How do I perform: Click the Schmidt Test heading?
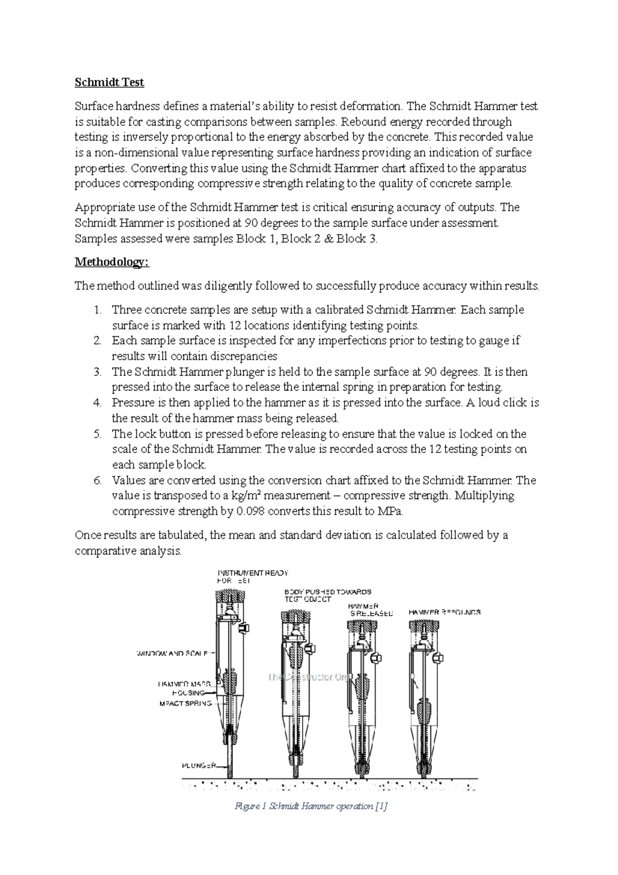pos(109,82)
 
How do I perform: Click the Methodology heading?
pos(112,262)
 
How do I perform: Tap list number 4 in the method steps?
pos(98,403)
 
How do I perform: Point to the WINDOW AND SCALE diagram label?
pos(171,653)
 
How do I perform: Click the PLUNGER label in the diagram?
pos(198,766)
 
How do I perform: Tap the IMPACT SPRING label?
pos(185,703)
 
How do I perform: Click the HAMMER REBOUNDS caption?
pos(444,613)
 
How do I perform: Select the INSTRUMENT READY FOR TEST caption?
pos(252,577)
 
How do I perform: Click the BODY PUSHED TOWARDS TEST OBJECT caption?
pos(328,596)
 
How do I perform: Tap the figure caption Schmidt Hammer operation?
pos(311,806)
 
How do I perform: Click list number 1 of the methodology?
pos(98,310)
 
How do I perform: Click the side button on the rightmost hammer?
pos(439,658)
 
